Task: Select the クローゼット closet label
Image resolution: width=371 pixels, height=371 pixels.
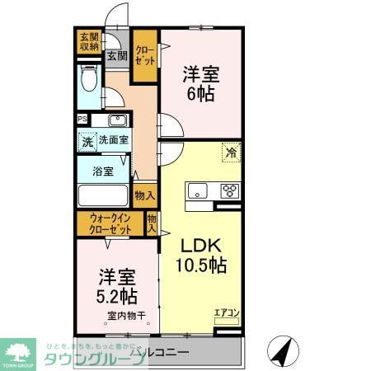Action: point(145,57)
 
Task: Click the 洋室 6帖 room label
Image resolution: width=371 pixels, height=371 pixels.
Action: point(200,83)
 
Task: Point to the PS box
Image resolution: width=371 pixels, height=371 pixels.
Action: point(82,119)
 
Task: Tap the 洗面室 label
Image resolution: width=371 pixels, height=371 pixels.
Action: point(115,141)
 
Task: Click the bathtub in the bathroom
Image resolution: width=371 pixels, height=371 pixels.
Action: point(103,198)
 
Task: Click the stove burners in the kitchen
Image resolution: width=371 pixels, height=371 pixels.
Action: point(229,192)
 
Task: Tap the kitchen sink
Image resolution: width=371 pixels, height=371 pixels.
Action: point(200,192)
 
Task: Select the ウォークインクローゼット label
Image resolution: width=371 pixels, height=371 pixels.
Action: point(110,224)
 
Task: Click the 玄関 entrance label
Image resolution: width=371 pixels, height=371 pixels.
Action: point(116,56)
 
